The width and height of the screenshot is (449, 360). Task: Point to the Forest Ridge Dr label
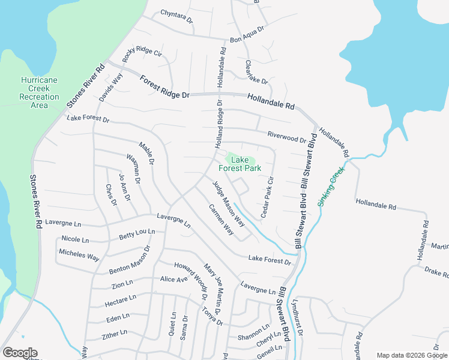[164, 86]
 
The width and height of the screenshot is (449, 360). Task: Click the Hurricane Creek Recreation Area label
[39, 92]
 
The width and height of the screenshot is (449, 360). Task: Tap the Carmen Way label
[221, 219]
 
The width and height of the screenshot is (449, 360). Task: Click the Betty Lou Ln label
[137, 234]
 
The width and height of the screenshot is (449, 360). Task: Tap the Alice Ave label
[174, 279]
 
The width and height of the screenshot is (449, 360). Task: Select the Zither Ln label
[115, 332]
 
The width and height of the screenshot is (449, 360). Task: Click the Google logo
[20, 353]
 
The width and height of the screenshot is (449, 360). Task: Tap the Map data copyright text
[411, 355]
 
